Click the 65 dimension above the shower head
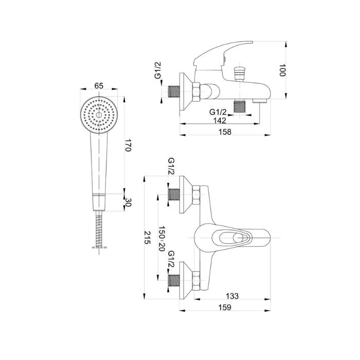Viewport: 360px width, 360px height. [99, 86]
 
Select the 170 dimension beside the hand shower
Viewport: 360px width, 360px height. [128, 145]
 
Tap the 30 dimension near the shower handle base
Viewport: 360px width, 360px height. [128, 202]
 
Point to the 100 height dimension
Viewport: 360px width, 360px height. [282, 70]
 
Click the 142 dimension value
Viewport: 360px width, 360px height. [220, 120]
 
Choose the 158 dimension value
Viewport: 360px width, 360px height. [225, 132]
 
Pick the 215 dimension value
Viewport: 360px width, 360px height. [147, 238]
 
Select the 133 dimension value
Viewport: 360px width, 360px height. [232, 296]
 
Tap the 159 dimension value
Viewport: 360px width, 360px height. [225, 308]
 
